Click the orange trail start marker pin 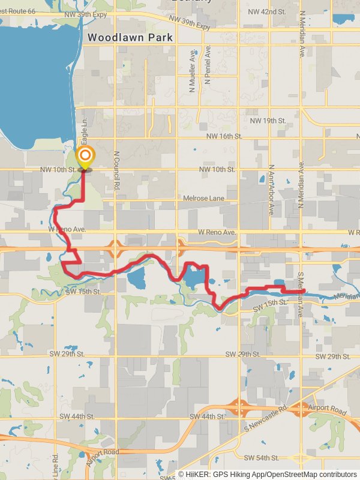click(x=85, y=157)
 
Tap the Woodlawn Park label click(x=130, y=37)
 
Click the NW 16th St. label click(x=224, y=137)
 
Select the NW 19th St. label click(x=268, y=121)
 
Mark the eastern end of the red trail click(x=304, y=292)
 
